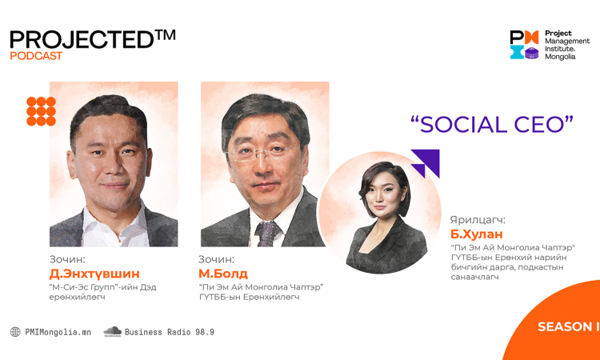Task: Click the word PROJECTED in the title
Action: (x=81, y=39)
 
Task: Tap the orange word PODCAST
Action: (x=36, y=56)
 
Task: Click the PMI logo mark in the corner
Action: (x=524, y=45)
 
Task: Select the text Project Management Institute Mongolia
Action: (x=567, y=45)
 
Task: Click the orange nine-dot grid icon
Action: (x=41, y=111)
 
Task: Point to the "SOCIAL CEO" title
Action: (x=493, y=125)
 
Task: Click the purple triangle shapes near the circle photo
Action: (x=425, y=164)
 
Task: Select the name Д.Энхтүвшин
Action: (x=94, y=274)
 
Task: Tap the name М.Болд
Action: (x=223, y=274)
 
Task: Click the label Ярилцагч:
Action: (x=478, y=221)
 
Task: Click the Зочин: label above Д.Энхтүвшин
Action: (x=68, y=259)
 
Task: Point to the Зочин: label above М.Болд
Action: (x=216, y=259)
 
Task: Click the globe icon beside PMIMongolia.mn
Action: (x=15, y=332)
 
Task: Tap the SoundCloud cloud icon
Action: (x=112, y=332)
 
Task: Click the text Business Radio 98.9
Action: (x=169, y=332)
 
